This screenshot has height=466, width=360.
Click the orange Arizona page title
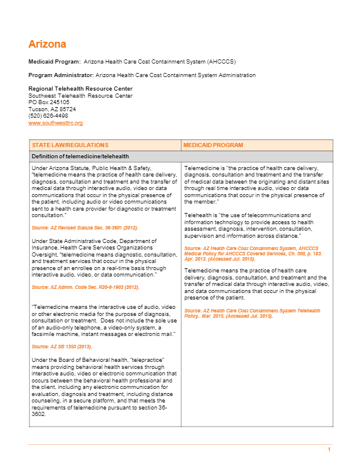click(47, 44)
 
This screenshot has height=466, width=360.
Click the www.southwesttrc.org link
click(55, 123)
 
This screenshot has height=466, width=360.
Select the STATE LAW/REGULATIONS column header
click(70, 145)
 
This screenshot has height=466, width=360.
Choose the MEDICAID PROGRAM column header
click(213, 145)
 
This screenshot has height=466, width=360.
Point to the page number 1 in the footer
click(329, 450)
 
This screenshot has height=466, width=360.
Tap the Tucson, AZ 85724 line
click(52, 109)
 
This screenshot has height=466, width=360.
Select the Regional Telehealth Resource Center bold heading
click(72, 88)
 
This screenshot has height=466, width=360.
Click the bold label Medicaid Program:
click(55, 61)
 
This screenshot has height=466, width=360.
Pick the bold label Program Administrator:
click(61, 75)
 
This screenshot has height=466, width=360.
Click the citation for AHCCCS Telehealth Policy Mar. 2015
click(252, 313)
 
